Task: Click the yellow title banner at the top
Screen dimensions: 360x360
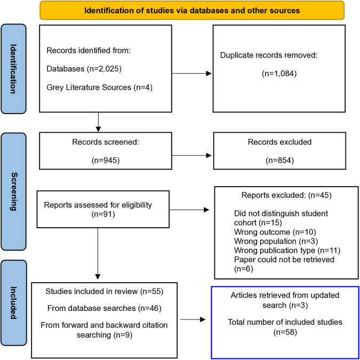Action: (192, 10)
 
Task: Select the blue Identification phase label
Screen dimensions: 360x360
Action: (13, 69)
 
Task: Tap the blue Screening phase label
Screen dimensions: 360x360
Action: (13, 191)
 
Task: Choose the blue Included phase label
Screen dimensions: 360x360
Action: (13, 302)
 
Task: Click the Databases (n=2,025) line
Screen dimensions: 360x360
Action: (84, 69)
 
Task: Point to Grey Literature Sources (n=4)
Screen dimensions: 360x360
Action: (99, 87)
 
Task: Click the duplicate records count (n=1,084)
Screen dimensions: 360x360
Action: (279, 74)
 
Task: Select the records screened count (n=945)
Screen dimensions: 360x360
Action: (106, 161)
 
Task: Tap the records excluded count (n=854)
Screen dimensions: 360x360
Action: (279, 161)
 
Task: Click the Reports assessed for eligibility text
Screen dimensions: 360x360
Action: (98, 205)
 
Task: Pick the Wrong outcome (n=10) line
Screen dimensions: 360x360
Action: (275, 232)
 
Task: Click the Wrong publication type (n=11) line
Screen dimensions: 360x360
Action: (287, 251)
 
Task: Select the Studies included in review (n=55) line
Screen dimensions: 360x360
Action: (104, 291)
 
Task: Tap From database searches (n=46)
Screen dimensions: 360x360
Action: (104, 308)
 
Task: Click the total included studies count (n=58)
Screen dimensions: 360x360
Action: (285, 332)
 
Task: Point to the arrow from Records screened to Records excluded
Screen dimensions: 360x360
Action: (191, 156)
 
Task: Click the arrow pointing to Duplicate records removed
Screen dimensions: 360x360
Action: (191, 74)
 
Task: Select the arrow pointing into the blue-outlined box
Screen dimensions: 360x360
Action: (193, 319)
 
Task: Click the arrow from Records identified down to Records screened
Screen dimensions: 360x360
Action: (98, 122)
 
